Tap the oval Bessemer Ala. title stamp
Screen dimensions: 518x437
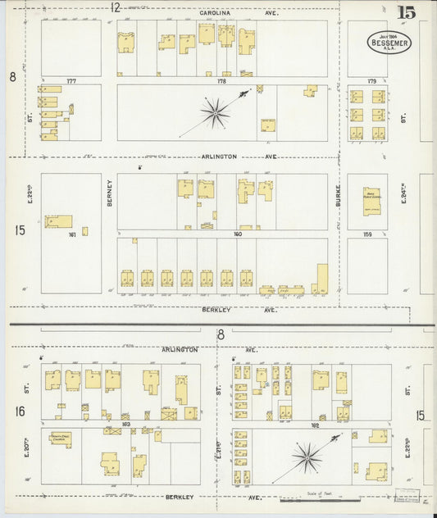coord(389,42)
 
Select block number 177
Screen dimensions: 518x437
coord(71,81)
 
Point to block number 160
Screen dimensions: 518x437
coord(239,234)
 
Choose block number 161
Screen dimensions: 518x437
coord(72,234)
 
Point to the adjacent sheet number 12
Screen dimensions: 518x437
coord(116,7)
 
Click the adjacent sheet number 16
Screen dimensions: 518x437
coord(20,411)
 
